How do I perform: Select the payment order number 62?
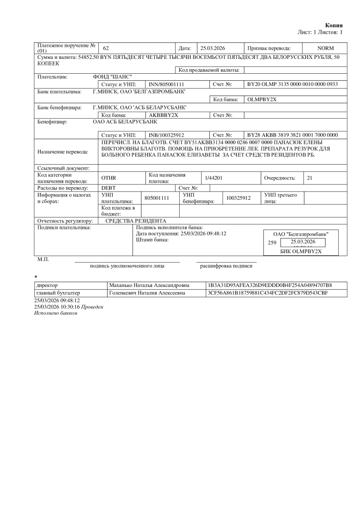[106, 48]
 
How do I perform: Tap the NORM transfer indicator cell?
[325, 48]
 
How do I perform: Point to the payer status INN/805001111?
[166, 84]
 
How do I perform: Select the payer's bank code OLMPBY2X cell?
[262, 100]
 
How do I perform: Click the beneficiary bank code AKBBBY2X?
[164, 115]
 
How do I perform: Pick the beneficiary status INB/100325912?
[166, 135]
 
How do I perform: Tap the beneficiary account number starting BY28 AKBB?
[292, 135]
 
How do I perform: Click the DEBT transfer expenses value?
[108, 188]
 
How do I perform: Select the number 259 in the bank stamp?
[272, 242]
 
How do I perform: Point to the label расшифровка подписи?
[226, 266]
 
